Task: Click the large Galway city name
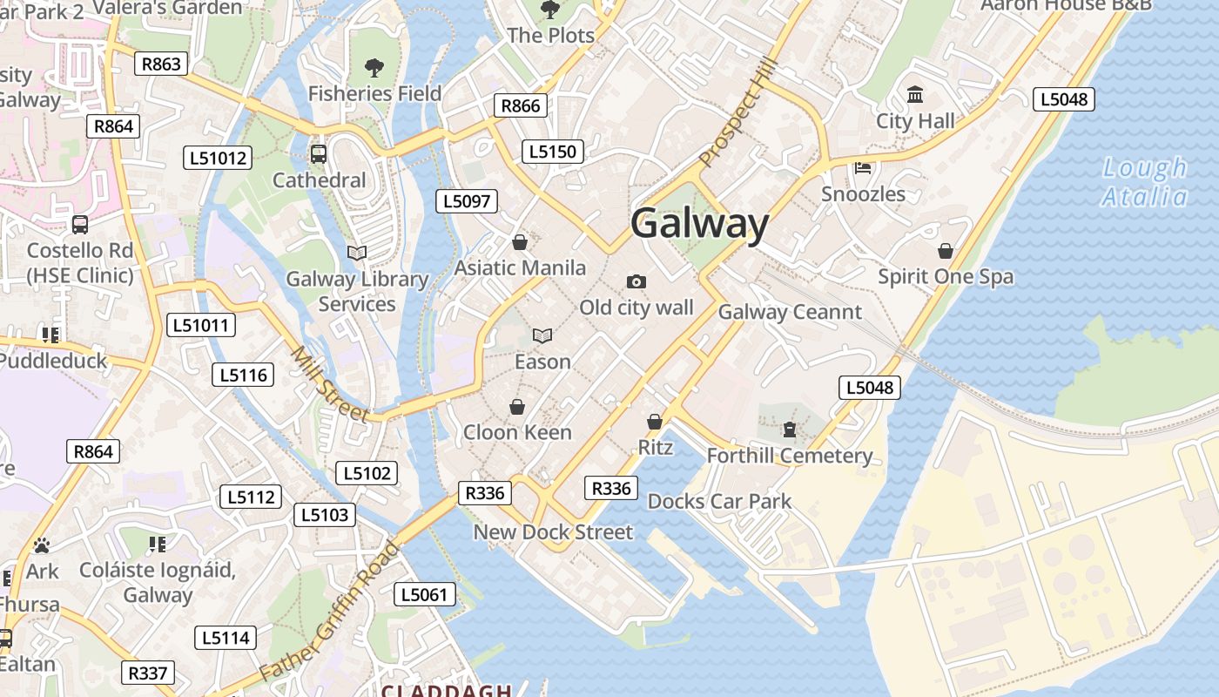[699, 224]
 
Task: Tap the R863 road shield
[161, 64]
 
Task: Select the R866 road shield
[521, 105]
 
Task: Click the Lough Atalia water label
[1144, 181]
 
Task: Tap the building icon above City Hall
[915, 94]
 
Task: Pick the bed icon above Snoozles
[863, 167]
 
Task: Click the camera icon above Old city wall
[636, 281]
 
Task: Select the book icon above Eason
[542, 335]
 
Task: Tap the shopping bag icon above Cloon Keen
[517, 407]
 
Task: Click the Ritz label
[656, 448]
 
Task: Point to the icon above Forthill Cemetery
[789, 430]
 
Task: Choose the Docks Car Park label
[719, 501]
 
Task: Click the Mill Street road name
[329, 384]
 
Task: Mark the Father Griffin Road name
[329, 612]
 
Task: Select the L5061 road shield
[424, 595]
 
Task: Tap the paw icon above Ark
[42, 545]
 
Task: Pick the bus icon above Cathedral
[319, 154]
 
